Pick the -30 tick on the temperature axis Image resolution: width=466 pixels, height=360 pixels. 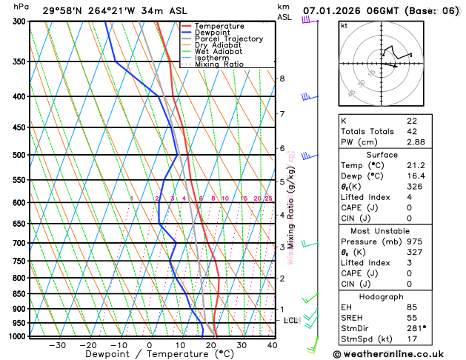click(x=57, y=345)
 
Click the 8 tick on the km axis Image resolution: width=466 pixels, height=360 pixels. click(x=282, y=79)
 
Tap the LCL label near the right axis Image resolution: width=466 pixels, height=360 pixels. click(x=290, y=320)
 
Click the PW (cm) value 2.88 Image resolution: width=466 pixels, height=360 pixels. click(x=416, y=141)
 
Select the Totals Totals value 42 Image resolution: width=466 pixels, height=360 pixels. click(x=411, y=131)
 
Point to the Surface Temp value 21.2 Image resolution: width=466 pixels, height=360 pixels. click(x=416, y=165)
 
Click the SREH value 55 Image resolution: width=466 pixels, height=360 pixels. click(x=411, y=317)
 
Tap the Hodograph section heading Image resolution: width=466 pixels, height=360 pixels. click(x=397, y=296)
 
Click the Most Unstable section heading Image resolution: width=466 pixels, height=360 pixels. click(x=397, y=230)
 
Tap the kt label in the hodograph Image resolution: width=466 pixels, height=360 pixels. click(x=344, y=25)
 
